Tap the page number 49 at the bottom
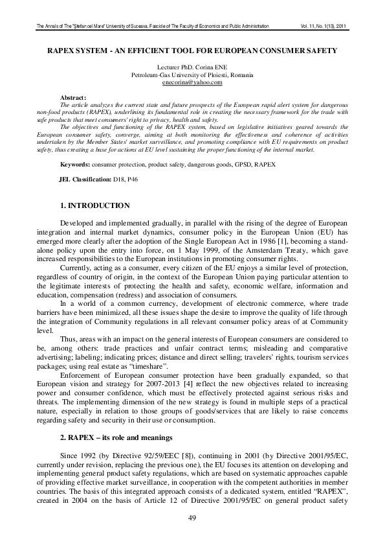(x=192, y=516)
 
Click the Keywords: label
(x=75, y=165)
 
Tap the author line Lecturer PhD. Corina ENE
(x=192, y=68)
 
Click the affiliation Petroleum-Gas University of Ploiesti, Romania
(x=192, y=76)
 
